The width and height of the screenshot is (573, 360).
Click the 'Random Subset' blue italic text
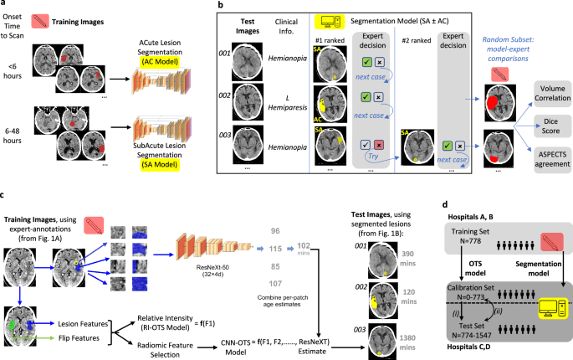coord(497,37)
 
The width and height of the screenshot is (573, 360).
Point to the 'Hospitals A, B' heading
coord(489,216)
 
